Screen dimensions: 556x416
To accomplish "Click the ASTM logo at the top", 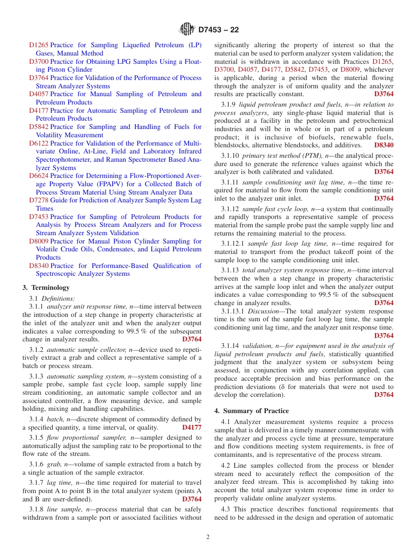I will pos(187,30).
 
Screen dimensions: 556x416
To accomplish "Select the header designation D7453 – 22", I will pos(219,30).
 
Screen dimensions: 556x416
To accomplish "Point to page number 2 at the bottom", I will pos(208,537).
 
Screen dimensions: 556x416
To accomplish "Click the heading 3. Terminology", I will pos(46,288).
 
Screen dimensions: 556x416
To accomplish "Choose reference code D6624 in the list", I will pos(39,176).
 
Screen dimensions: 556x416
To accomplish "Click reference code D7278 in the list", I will pos(39,200).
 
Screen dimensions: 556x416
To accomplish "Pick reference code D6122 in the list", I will pos(39,143).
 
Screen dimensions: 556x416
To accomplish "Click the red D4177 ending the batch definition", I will pos(192,427).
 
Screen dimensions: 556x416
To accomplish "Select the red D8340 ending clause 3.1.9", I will pos(384,145).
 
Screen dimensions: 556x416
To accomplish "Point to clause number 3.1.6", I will pos(36,464).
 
